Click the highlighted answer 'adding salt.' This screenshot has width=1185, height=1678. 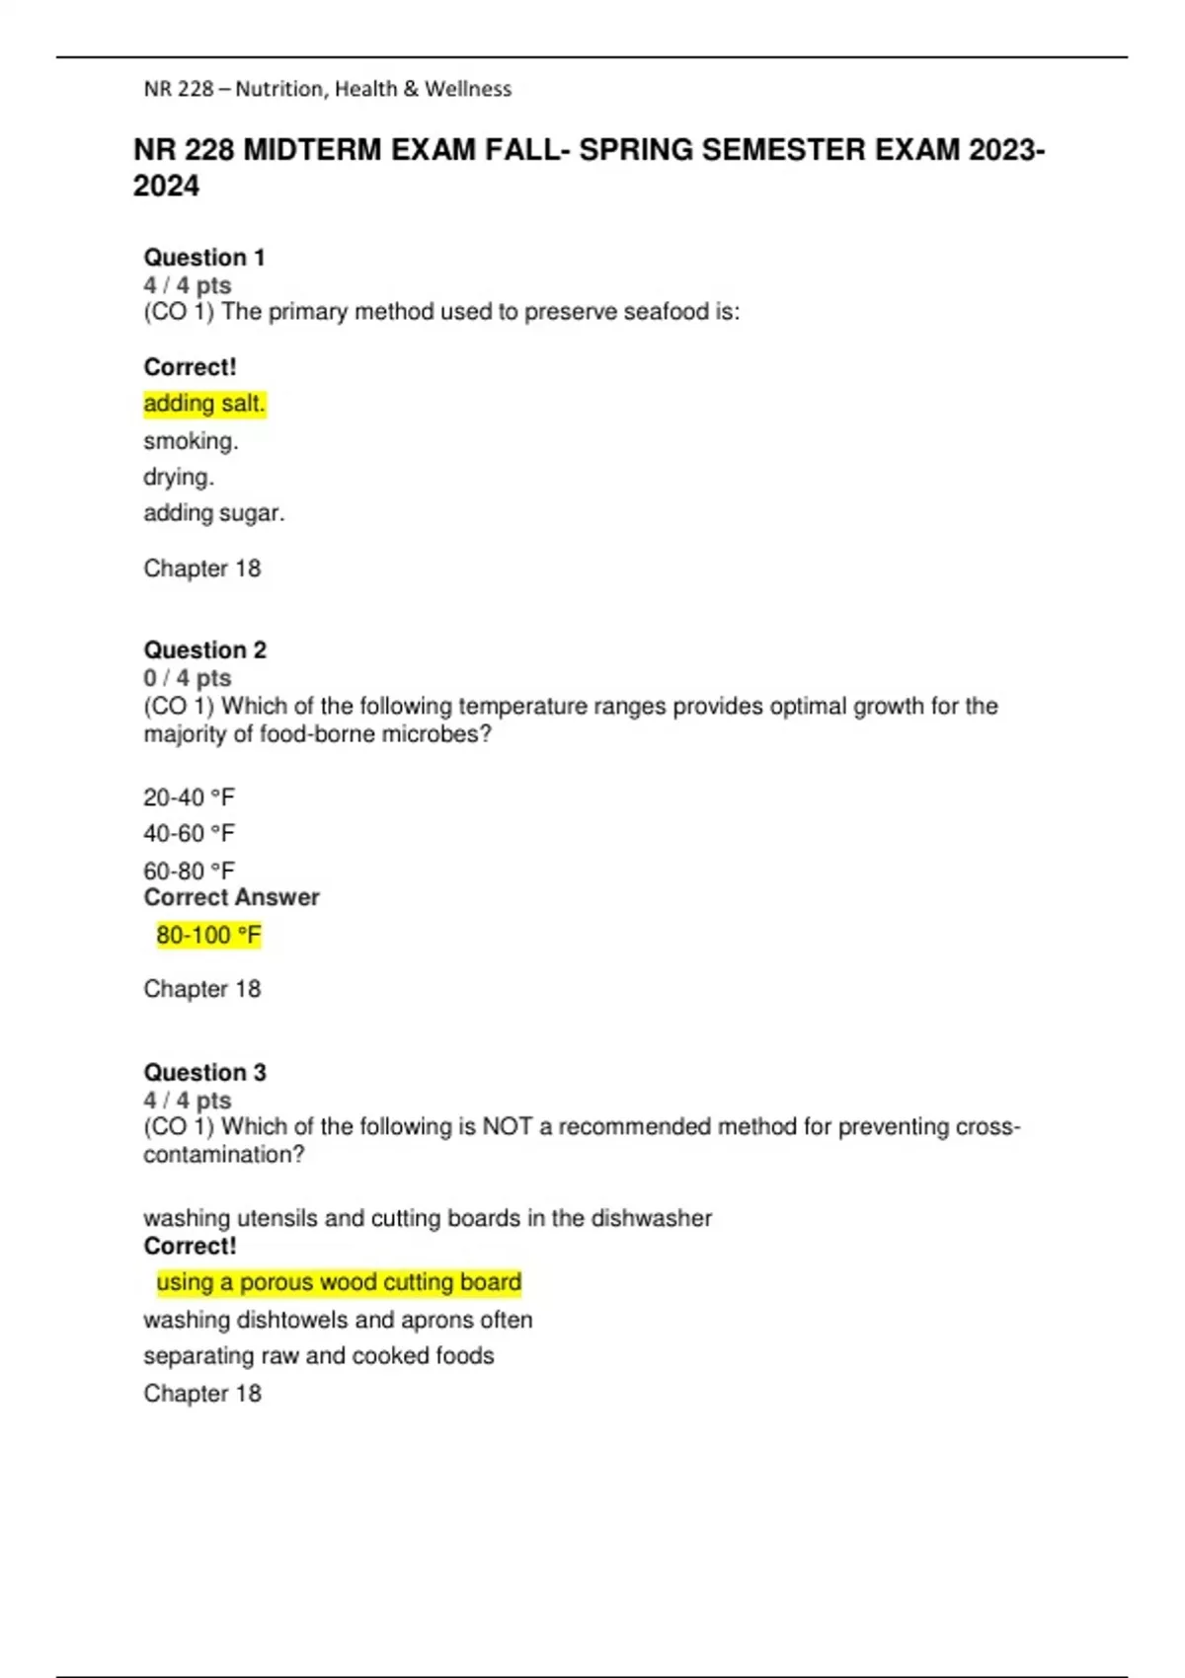tap(204, 404)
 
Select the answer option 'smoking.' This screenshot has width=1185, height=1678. tap(191, 441)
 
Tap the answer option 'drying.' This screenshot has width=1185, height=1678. tap(179, 478)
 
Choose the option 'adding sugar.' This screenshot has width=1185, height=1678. tap(213, 513)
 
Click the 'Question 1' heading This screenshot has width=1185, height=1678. tap(204, 258)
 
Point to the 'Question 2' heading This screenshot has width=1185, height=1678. tap(204, 650)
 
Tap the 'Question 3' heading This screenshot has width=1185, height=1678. tap(204, 1073)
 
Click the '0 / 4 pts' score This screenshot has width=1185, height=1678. tap(187, 678)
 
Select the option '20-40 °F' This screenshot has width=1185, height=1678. tap(189, 798)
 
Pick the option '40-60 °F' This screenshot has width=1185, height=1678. tap(189, 834)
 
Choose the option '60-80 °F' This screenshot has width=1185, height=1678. tap(189, 872)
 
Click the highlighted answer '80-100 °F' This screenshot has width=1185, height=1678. tap(208, 935)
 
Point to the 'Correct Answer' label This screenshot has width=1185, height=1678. tap(231, 897)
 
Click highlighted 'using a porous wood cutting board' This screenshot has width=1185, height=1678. tap(339, 1282)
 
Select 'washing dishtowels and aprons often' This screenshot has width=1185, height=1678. tap(338, 1320)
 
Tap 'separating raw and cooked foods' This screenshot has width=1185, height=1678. tap(318, 1356)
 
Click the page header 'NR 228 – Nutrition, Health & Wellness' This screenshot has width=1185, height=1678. tap(328, 89)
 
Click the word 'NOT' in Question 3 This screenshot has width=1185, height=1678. tap(507, 1127)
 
